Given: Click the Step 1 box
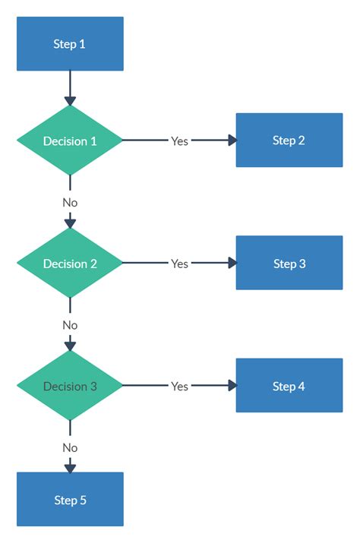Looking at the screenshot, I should tap(70, 44).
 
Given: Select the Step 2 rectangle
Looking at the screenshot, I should tap(289, 140).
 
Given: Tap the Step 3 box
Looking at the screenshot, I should tap(289, 264).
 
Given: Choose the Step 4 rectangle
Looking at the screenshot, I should tap(289, 387).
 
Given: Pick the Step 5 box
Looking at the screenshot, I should tap(70, 500).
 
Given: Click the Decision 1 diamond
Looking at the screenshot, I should tap(70, 141).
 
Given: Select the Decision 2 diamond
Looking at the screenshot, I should tap(70, 264).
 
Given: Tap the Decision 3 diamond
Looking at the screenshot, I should tap(70, 387).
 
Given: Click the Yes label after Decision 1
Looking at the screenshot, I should tap(179, 141).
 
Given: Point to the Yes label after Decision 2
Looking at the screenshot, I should tap(179, 264).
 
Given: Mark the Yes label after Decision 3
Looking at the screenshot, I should tap(179, 387).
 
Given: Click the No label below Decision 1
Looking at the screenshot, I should tap(70, 203).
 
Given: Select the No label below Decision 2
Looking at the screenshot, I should tap(70, 325).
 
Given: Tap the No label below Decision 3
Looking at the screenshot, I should tap(70, 448).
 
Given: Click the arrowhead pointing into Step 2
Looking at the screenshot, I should tap(232, 140).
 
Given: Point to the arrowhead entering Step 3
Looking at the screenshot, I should tap(232, 264).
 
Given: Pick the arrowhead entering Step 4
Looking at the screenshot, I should tap(232, 386).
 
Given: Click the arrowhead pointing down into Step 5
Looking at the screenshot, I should tap(70, 468).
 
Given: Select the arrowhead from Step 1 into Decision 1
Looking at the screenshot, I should tap(70, 100).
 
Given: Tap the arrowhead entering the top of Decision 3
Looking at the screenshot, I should tap(70, 346).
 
